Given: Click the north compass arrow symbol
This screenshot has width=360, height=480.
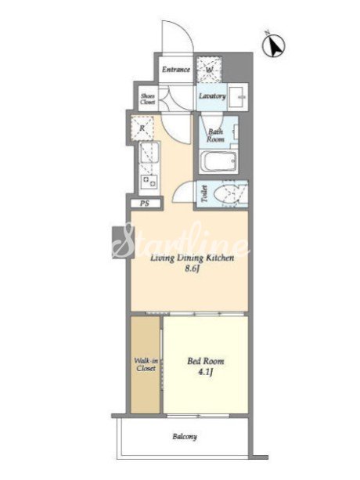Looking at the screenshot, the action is (x=274, y=46).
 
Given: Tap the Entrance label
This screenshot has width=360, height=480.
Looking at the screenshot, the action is (x=176, y=70).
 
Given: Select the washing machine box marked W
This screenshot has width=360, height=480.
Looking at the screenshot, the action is (x=209, y=69).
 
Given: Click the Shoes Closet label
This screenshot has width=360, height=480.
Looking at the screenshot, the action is (x=147, y=99).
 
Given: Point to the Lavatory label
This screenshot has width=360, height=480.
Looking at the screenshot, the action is (x=212, y=96).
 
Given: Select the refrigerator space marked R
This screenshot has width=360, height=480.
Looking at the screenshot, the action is (x=142, y=128).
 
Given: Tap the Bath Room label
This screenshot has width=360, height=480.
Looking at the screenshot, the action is (x=215, y=135).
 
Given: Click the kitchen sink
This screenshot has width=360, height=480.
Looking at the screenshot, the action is (x=149, y=153).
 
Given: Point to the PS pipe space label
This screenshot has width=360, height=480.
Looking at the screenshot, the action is (x=145, y=204).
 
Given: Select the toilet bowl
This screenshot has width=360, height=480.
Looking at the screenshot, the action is (x=227, y=194).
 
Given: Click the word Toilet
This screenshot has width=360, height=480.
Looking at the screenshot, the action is (x=204, y=194).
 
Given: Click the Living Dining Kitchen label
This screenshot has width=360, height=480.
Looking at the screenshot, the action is (x=192, y=258).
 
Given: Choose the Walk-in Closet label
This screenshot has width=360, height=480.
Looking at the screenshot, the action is (x=146, y=364).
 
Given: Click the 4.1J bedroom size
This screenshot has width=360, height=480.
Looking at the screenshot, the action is (x=205, y=372).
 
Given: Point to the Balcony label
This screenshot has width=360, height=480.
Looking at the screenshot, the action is (x=185, y=436).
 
